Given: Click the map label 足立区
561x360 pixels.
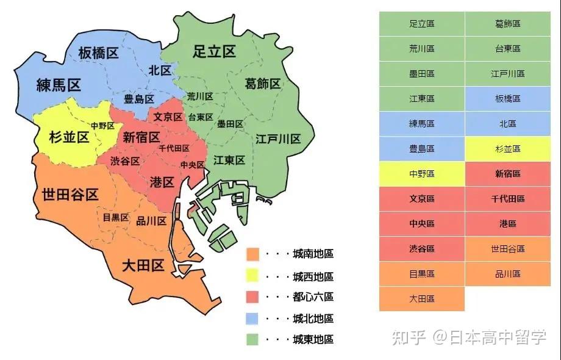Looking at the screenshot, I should point(214,51).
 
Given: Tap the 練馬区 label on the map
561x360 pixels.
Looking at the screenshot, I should point(59,85).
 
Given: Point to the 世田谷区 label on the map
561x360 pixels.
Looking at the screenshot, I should point(70,195).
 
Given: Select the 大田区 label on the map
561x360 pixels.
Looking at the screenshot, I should point(143,266).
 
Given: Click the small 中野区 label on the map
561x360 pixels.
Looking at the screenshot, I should point(102,126).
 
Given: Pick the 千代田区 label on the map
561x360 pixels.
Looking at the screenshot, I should point(174,148).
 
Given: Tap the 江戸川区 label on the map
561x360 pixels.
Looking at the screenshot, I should point(278,139).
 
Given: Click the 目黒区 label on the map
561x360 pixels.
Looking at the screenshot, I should point(115,218).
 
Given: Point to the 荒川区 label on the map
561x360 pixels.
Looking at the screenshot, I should point(200,96).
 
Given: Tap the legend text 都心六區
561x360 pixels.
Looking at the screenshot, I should point(313,297).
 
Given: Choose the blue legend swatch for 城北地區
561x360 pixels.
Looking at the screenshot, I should point(253,319).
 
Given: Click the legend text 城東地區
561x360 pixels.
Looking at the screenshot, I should point(313,340).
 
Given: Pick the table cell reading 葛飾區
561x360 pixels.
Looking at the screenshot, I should point(507,24).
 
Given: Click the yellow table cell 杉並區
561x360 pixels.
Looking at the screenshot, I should point(507,149).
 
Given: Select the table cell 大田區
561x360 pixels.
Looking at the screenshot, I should point(421,299).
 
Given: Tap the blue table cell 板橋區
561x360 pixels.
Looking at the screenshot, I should point(507,99).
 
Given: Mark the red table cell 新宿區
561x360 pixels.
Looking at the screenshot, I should point(507,174).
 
